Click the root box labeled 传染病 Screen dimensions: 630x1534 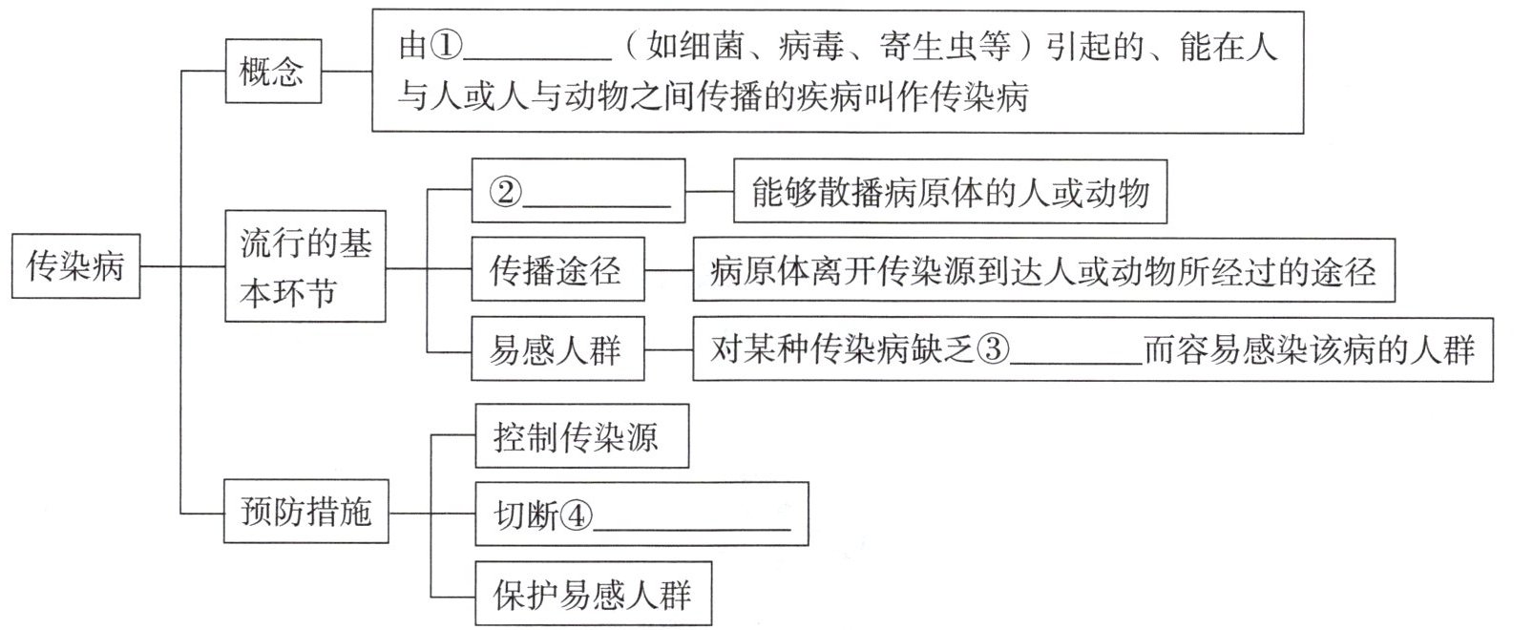(76, 266)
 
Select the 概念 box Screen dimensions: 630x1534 (272, 71)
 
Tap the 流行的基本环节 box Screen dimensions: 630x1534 (305, 267)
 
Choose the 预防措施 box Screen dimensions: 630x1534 (305, 514)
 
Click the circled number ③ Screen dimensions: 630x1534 (993, 350)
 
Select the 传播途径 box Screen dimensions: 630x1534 (557, 270)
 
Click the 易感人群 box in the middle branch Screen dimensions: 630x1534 (557, 350)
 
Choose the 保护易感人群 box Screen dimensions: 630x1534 (592, 595)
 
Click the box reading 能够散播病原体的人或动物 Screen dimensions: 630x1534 (949, 194)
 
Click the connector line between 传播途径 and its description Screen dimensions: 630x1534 (668, 270)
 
